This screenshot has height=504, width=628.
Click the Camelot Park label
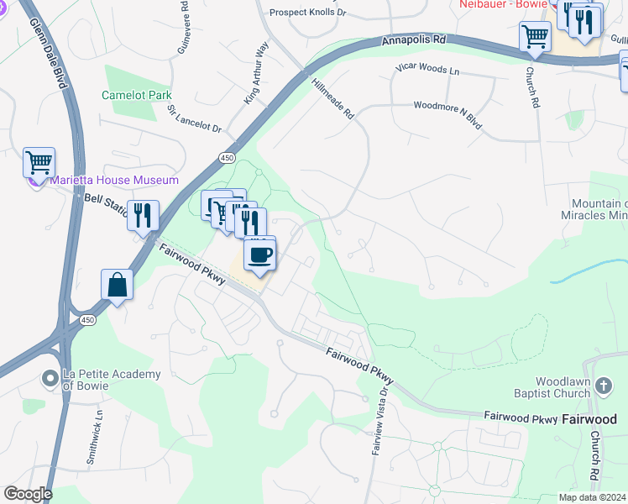coord(137,95)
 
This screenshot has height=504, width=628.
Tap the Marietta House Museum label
coord(114,180)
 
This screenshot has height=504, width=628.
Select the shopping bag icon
coord(117,285)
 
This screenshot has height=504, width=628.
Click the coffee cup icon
coord(259,255)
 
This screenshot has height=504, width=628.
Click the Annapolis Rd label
coord(413,39)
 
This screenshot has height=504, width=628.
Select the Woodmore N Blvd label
coord(447,115)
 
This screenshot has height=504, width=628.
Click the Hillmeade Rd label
coord(332,99)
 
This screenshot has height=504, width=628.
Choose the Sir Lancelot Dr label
coord(194,118)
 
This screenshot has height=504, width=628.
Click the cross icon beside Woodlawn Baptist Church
coord(602,386)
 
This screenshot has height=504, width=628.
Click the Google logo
coord(28,494)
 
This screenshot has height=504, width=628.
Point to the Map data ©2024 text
coord(592,497)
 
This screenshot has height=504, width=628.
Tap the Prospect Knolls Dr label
coord(307,13)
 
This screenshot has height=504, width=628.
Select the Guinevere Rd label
coord(183,29)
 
